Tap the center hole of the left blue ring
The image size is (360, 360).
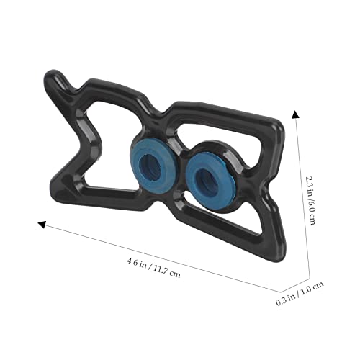click(150, 166)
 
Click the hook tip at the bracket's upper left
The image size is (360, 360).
click(52, 73)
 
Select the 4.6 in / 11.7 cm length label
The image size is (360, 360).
click(153, 267)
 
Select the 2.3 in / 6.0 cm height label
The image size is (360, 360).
click(310, 200)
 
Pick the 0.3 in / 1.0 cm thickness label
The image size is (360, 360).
click(300, 293)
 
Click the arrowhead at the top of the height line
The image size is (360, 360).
click(295, 114)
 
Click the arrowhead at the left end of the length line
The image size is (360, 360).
click(42, 225)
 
